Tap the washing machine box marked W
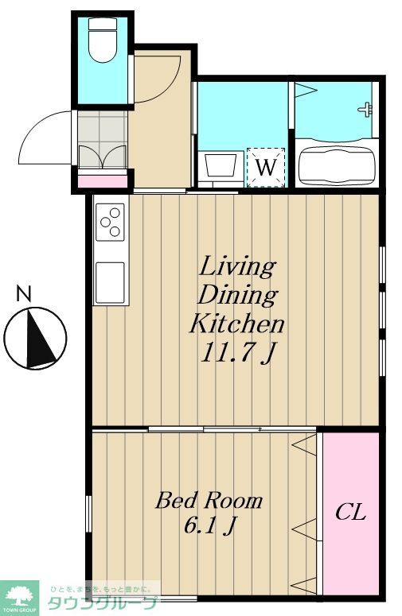[x=265, y=168]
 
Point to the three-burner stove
[x=111, y=222]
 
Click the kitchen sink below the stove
[x=111, y=281]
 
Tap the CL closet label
[x=350, y=513]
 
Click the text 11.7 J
[x=236, y=352]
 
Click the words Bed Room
[x=209, y=501]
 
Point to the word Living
[x=237, y=265]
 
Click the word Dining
[x=237, y=295]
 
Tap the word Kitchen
[x=236, y=323]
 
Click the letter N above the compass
[x=25, y=294]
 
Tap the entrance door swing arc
[x=44, y=139]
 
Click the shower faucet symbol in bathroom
[x=366, y=109]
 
